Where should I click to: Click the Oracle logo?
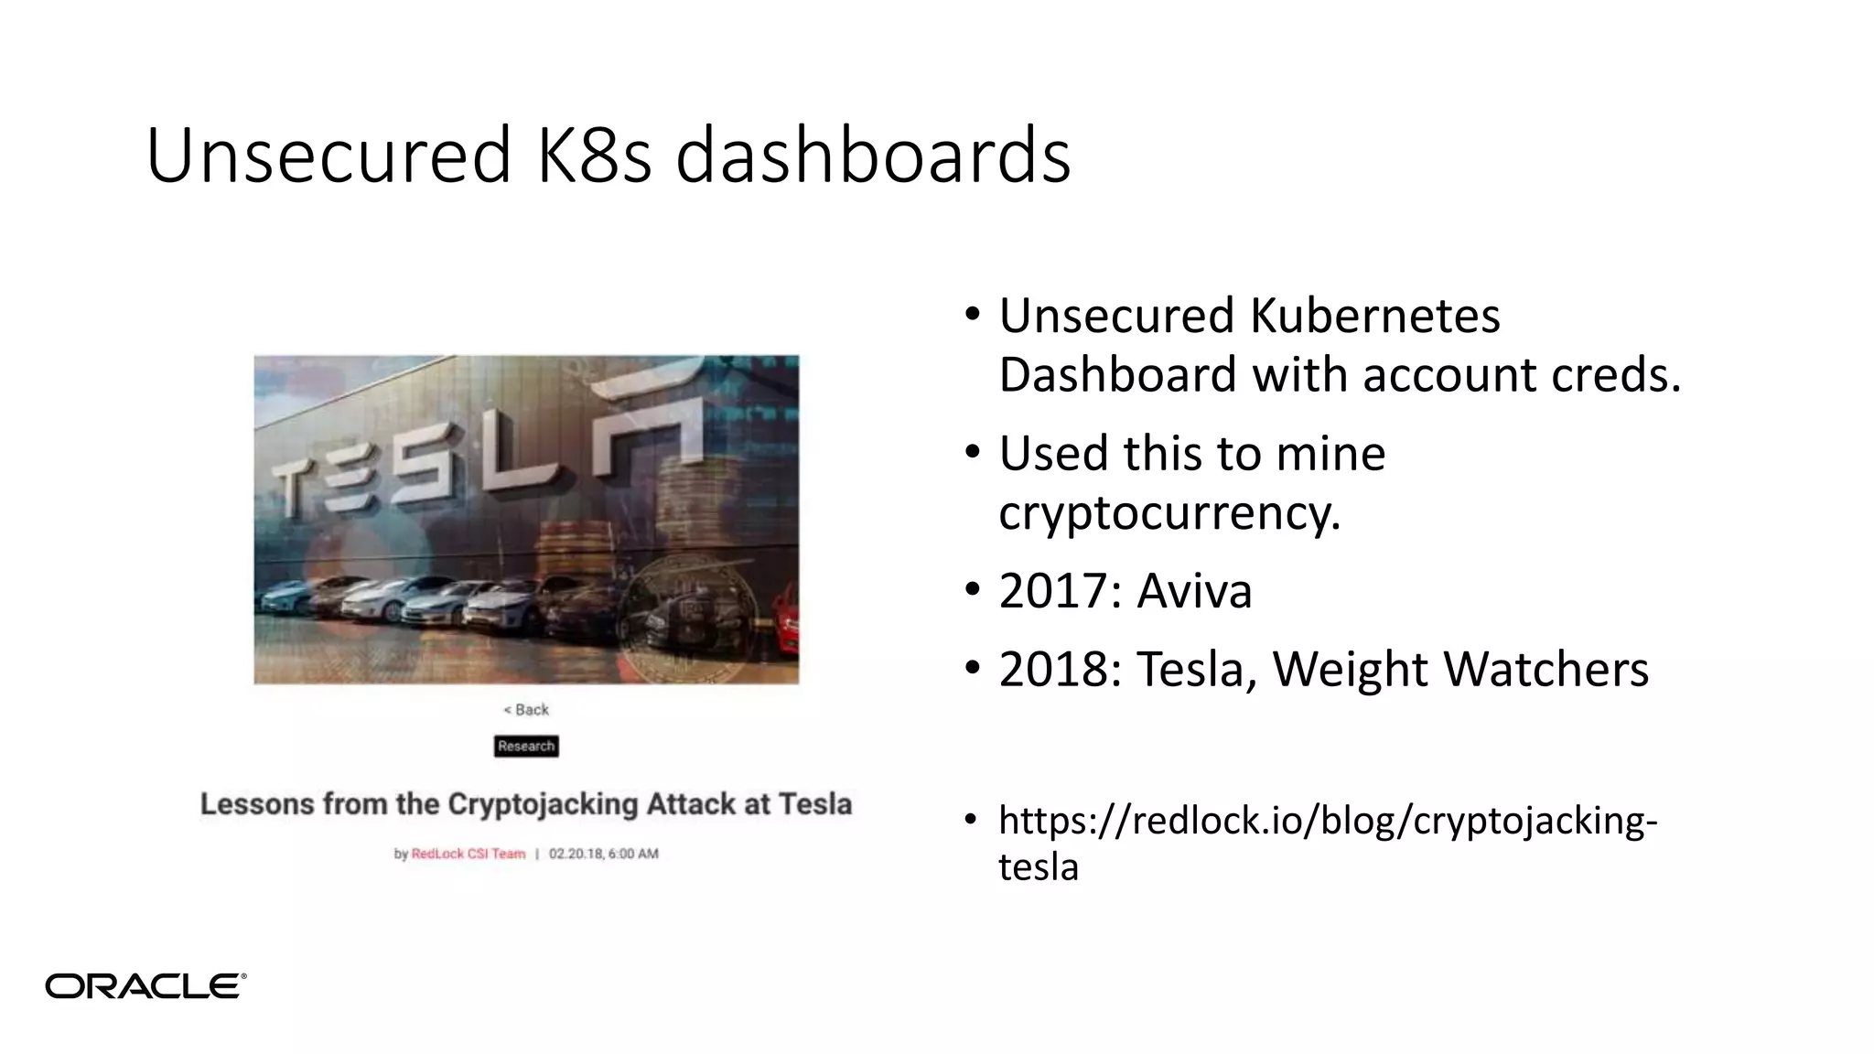click(145, 985)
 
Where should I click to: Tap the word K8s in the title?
click(594, 155)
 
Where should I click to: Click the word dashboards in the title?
click(872, 155)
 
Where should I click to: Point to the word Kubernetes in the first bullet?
click(1374, 316)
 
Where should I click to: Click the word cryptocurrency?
click(1169, 512)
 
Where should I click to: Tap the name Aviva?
click(1194, 591)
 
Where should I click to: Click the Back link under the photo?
click(526, 710)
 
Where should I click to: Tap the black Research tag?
click(526, 747)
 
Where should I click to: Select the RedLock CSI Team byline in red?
click(468, 854)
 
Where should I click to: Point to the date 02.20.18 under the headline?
click(576, 854)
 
